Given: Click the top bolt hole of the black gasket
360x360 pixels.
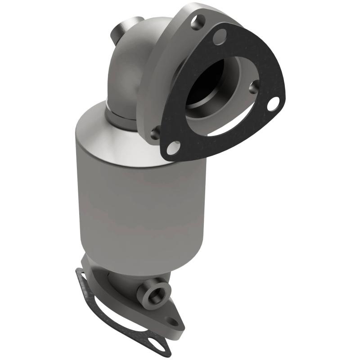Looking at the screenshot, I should tap(220, 36).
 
